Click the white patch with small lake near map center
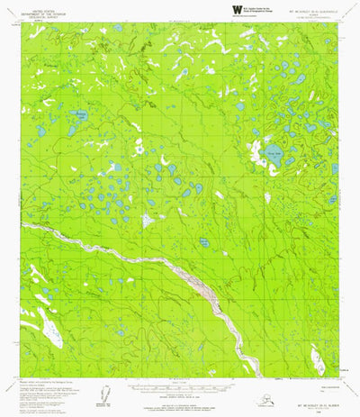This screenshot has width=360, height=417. coord(148,219)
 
